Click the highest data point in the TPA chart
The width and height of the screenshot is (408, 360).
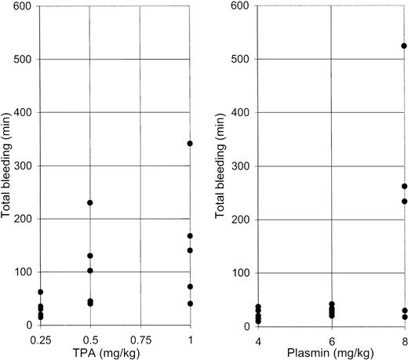(x=190, y=143)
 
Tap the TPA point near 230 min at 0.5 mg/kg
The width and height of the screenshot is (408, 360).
(x=89, y=202)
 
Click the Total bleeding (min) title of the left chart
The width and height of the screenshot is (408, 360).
(x=7, y=165)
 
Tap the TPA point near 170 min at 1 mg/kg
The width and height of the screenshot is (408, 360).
(x=190, y=235)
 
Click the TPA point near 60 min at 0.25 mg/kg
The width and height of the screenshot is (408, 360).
(x=40, y=292)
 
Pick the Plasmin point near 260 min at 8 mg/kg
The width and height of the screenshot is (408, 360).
(x=404, y=186)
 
